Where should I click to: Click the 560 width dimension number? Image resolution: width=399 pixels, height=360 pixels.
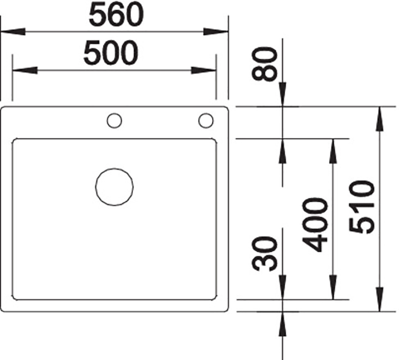point(116,15)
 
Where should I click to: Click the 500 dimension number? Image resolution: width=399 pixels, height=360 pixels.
point(111,53)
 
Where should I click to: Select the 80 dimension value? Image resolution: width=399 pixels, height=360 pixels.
point(264,64)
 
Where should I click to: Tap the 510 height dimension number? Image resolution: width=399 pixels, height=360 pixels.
point(362,207)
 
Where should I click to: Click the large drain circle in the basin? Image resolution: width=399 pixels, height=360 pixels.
point(114,187)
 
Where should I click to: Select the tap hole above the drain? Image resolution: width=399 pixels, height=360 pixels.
point(114,120)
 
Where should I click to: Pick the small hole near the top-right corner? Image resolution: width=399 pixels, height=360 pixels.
point(206,120)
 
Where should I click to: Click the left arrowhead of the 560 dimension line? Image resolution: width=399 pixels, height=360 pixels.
point(13,32)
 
